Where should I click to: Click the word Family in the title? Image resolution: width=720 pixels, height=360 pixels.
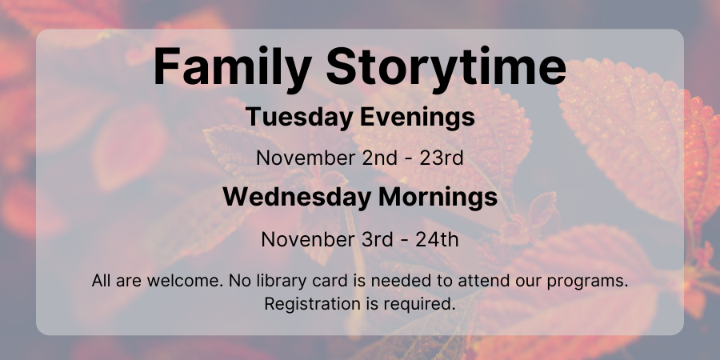tap(233, 66)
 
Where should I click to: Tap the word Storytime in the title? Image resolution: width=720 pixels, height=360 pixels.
tap(446, 66)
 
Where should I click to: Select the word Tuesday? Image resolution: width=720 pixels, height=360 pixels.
tap(299, 117)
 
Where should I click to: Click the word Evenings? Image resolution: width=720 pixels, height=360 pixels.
tap(418, 118)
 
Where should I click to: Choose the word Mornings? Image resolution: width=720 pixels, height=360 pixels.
tap(438, 198)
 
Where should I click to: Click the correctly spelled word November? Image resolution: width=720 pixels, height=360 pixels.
tap(306, 158)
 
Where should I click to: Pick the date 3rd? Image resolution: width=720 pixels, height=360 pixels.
tap(378, 240)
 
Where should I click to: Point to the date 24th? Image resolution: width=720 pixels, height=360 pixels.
tap(437, 240)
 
